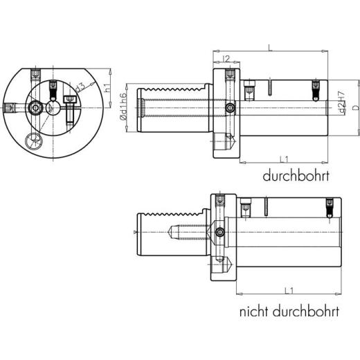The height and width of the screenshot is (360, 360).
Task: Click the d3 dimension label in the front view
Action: [80, 87]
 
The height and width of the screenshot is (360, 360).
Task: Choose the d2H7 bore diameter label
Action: [341, 102]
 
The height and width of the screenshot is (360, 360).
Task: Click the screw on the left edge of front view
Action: [10, 109]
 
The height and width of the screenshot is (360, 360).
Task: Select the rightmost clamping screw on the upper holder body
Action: [316, 89]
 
